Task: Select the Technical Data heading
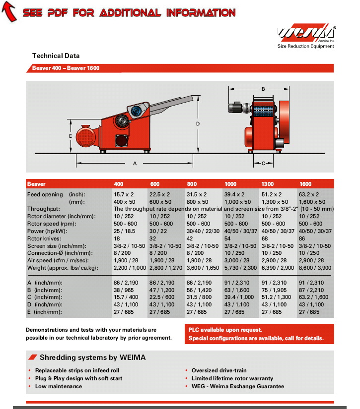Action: tap(56, 56)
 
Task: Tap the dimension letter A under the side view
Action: tap(135, 163)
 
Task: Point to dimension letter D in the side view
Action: tap(198, 123)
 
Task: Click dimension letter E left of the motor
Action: tap(71, 135)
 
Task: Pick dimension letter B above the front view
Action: tap(263, 89)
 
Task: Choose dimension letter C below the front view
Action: tap(263, 162)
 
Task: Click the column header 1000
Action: tap(230, 184)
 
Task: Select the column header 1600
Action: tap(305, 184)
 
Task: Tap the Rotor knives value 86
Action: tap(303, 238)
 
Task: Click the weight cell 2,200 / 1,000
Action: tap(130, 268)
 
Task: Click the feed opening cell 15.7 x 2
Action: tap(125, 194)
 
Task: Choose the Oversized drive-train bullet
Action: tap(219, 370)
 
